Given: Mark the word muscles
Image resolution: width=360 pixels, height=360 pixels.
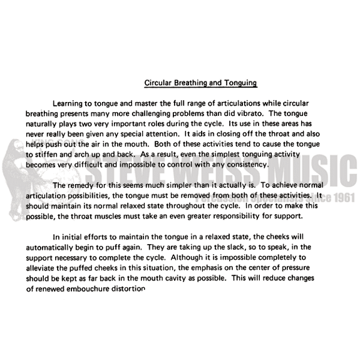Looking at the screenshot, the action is pos(108,216).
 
